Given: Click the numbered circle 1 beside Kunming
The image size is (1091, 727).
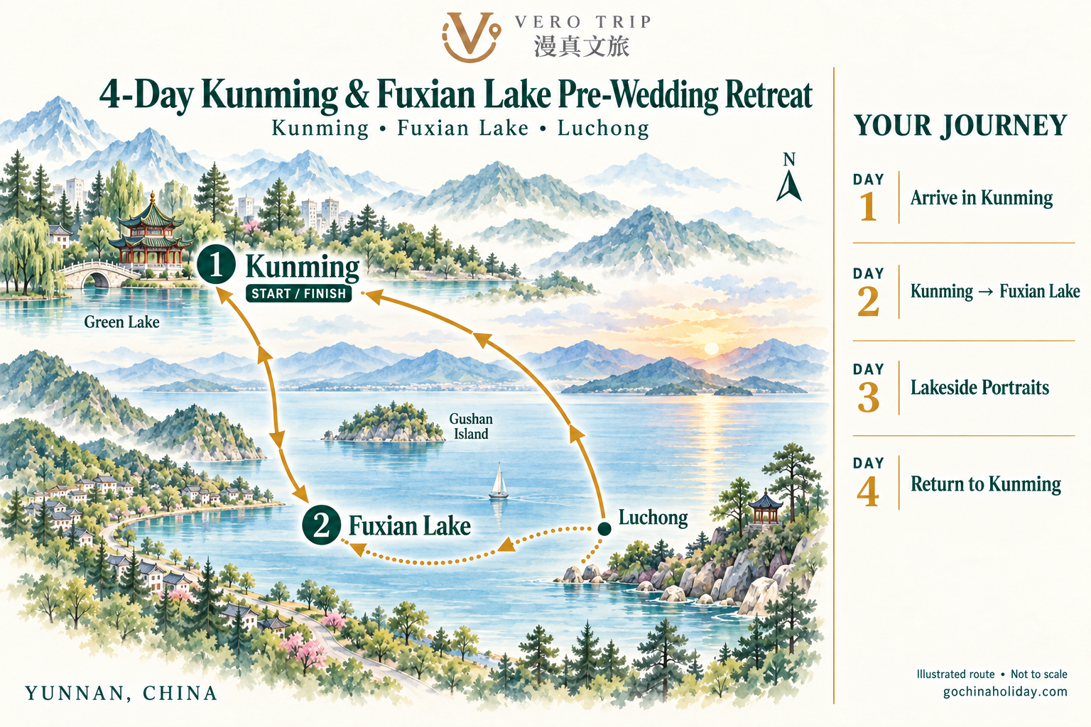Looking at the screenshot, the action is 216,266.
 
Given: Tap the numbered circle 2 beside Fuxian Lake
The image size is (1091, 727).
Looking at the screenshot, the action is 321,525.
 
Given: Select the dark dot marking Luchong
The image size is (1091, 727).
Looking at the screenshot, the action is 604,529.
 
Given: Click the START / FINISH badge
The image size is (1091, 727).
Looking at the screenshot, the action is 298,294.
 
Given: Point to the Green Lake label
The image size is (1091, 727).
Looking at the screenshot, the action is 121,322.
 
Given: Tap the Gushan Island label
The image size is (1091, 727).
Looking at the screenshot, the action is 470,426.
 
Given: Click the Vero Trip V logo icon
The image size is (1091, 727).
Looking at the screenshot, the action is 470,37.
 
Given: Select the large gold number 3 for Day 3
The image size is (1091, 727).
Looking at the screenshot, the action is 869,398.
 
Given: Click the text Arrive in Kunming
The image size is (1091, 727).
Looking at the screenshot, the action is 982,197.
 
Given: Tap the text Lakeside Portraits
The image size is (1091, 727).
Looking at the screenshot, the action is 979,388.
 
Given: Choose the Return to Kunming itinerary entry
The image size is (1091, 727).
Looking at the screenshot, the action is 986,484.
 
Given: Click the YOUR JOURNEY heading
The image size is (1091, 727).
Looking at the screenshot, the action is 960,126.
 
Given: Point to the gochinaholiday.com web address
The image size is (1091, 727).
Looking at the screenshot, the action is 1005,692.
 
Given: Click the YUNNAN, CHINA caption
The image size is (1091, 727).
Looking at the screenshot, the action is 121,694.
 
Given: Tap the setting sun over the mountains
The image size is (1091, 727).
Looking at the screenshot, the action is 712,349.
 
